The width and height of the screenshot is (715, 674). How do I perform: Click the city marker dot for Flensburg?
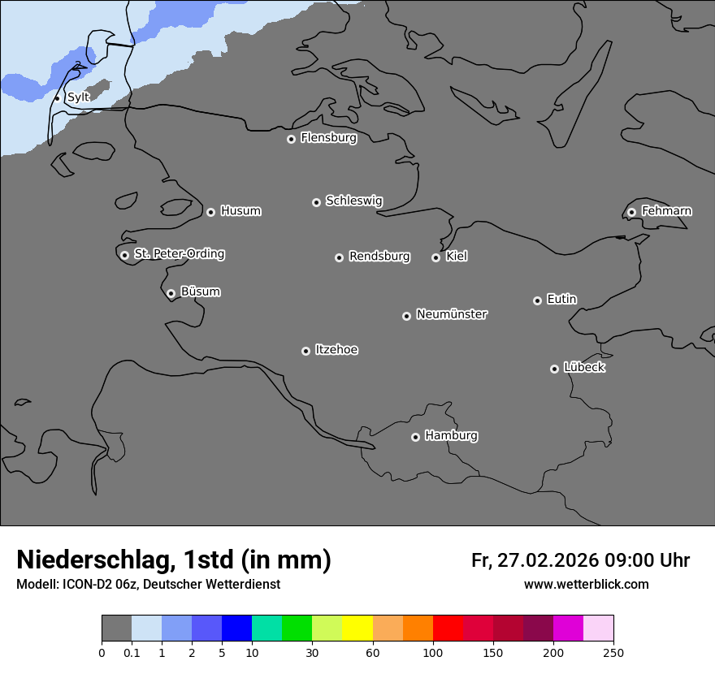[x=291, y=139]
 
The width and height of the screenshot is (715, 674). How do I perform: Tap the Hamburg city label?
[x=451, y=435]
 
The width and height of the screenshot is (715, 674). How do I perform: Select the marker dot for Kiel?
[x=435, y=257]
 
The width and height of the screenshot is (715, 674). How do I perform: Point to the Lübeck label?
[x=584, y=367]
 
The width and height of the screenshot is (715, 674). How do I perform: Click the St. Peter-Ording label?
[x=179, y=253]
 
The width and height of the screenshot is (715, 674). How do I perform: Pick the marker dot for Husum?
[x=210, y=212]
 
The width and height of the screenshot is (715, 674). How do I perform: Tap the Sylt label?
[x=78, y=97]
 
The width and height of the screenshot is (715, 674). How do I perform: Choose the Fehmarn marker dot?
[x=631, y=212]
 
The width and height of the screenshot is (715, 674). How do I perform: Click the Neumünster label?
[x=452, y=313]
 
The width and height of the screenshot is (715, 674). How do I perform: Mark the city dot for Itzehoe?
[x=305, y=351]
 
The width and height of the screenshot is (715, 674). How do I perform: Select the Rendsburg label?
[x=379, y=256]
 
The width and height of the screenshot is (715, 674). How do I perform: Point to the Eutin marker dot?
[x=537, y=300]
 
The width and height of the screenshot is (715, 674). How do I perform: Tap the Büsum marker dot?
[x=171, y=293]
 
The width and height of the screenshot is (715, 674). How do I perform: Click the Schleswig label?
[x=353, y=201]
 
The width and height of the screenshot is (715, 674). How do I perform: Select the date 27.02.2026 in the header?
[x=547, y=560]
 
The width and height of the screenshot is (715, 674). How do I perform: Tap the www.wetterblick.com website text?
[x=586, y=584]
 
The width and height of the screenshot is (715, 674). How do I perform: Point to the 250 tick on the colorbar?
[x=613, y=652]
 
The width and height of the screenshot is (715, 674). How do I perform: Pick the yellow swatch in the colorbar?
[x=357, y=629]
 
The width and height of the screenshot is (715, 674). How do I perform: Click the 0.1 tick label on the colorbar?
[x=132, y=652]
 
